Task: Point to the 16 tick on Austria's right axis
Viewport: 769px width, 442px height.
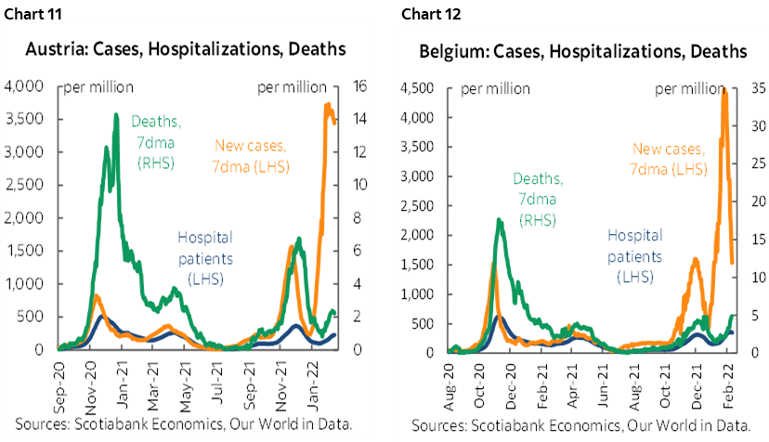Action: point(357,86)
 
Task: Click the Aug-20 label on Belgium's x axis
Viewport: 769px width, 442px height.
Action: point(453,382)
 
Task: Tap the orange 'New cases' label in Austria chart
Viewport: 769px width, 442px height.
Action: point(252,155)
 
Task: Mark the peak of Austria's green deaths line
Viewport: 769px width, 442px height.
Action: point(116,115)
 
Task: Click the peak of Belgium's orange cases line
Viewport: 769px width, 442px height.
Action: point(723,90)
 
